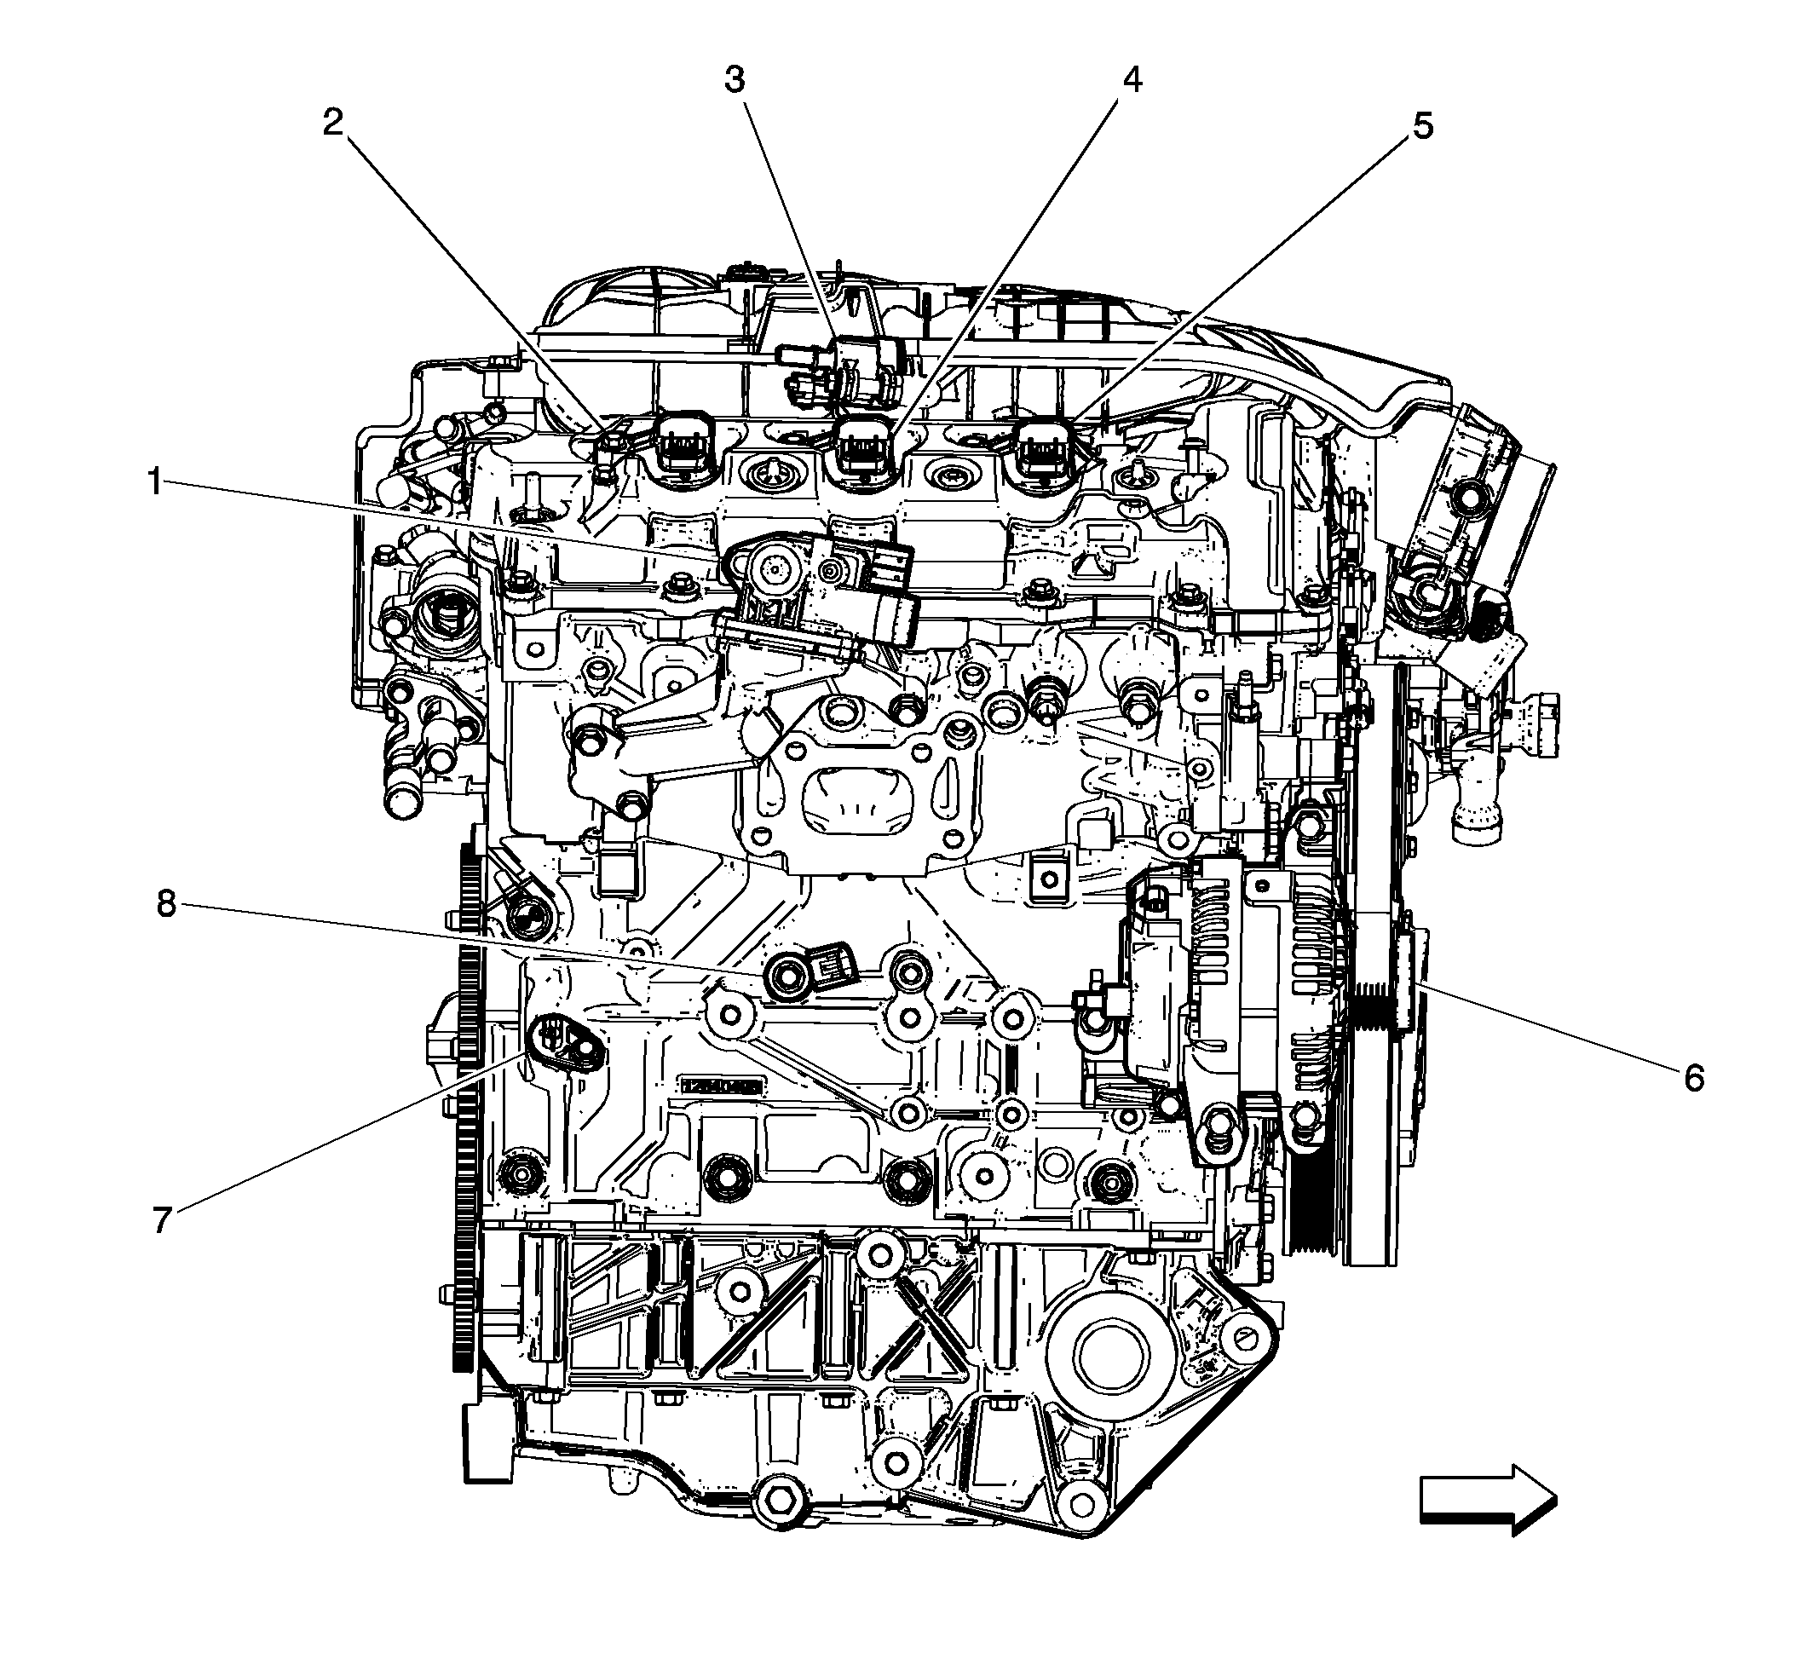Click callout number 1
coord(155,481)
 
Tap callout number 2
coord(334,123)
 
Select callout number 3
coord(735,81)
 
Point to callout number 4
coord(1131,81)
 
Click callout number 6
coord(1693,1078)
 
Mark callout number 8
coord(166,904)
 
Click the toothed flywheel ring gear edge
coord(467,1089)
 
